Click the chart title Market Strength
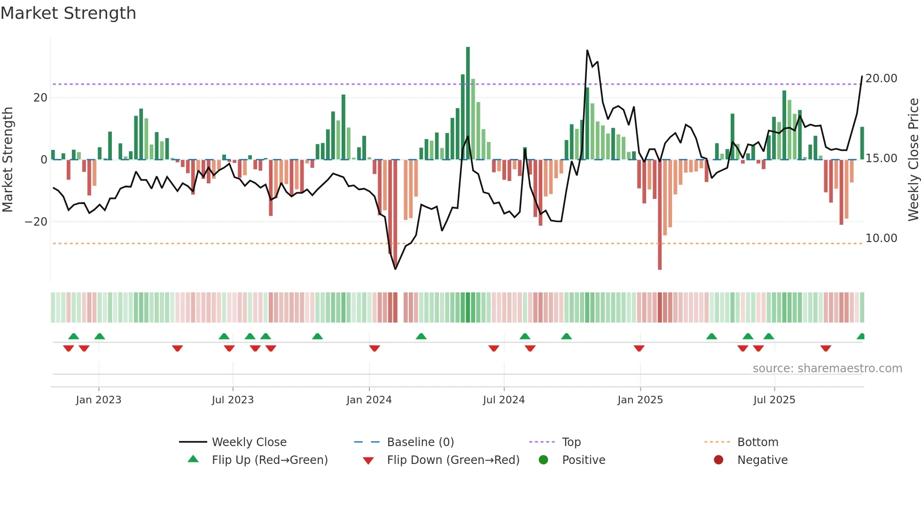(x=68, y=13)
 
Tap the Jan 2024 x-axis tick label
(x=369, y=400)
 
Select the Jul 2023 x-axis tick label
(x=233, y=400)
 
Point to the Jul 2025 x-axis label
(x=774, y=400)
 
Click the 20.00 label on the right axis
(x=881, y=78)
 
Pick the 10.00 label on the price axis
(x=881, y=238)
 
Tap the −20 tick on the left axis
(x=36, y=222)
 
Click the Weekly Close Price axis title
(x=913, y=160)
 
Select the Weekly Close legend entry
(x=249, y=442)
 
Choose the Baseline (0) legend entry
(x=420, y=442)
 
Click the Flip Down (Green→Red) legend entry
(x=453, y=460)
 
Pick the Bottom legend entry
(x=757, y=442)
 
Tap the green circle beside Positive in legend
(x=544, y=460)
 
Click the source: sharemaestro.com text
(x=827, y=369)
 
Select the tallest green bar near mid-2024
(x=468, y=103)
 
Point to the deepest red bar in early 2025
(x=660, y=216)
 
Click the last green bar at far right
(x=862, y=143)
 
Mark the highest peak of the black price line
(x=587, y=51)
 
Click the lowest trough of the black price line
(x=395, y=269)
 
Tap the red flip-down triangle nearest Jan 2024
(x=375, y=348)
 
